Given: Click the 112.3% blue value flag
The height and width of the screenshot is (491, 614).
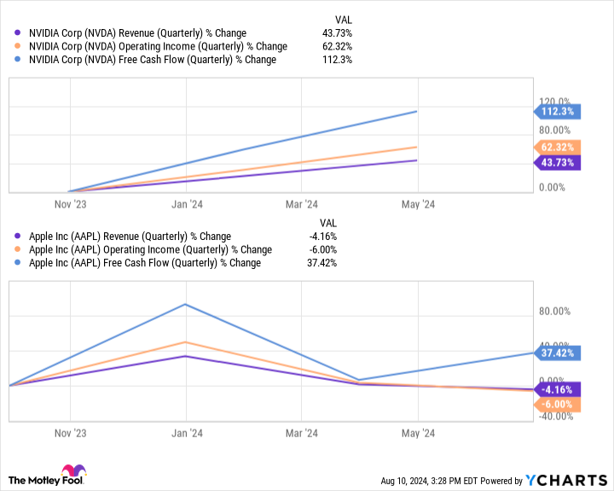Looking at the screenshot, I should [557, 111].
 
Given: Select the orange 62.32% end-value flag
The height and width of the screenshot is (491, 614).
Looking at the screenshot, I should [557, 147].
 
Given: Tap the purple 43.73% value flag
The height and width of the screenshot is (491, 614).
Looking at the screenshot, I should [557, 162].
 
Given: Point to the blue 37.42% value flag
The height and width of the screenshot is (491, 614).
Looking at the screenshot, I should [557, 353].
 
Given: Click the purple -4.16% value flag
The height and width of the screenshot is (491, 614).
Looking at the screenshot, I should [557, 389].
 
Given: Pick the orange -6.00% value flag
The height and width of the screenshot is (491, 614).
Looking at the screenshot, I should [557, 405].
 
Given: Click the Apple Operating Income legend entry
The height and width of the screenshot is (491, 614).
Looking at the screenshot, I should [144, 250].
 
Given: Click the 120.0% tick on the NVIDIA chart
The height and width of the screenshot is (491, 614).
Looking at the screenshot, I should [553, 101].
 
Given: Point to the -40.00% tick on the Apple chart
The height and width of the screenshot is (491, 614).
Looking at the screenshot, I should [554, 417].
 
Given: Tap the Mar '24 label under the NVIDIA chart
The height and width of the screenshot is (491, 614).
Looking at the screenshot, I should [303, 204].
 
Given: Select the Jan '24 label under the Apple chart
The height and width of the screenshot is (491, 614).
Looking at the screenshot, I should [187, 434].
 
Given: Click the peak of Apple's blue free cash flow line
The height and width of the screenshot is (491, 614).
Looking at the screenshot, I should [188, 304].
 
